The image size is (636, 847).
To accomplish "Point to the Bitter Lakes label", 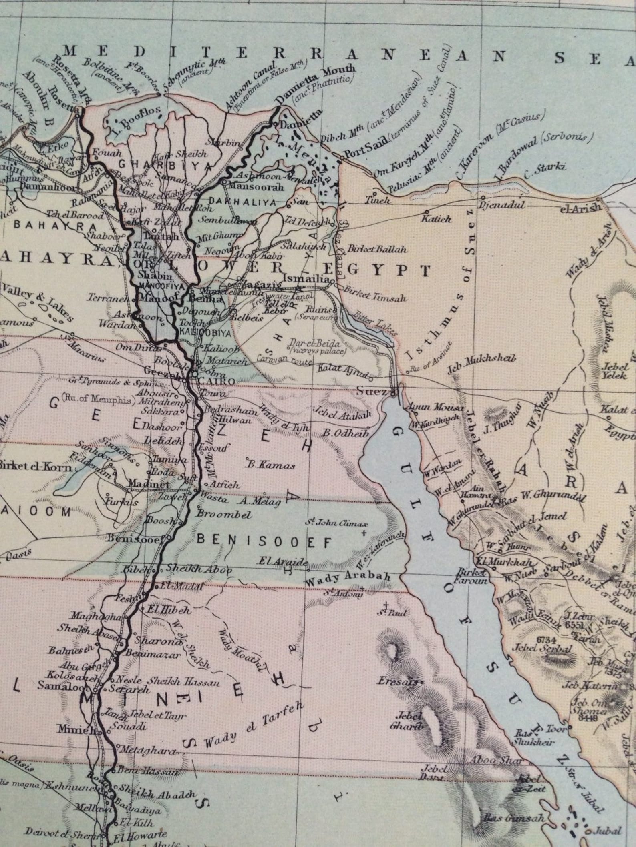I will click(377, 323).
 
